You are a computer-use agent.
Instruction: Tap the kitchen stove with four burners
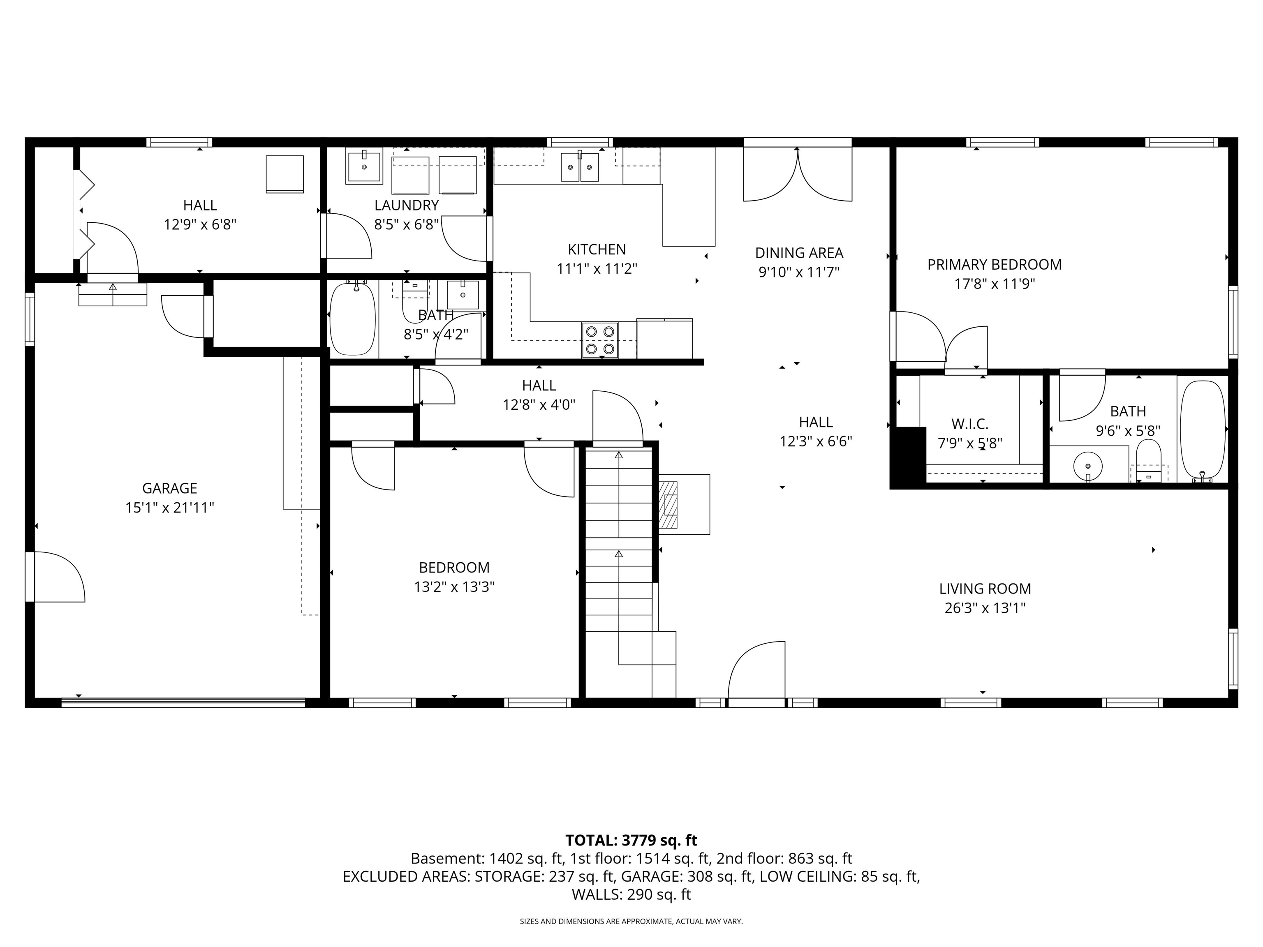point(599,340)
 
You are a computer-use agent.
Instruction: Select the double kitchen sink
point(580,167)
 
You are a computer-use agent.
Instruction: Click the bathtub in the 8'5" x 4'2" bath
point(353,319)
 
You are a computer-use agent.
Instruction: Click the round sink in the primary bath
point(1088,465)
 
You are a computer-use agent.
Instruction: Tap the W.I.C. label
point(969,424)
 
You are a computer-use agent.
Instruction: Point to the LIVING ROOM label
point(985,589)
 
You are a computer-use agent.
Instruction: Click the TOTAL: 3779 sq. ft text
point(631,840)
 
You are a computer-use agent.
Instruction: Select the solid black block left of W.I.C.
point(908,457)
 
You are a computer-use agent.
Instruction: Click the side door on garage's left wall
point(54,577)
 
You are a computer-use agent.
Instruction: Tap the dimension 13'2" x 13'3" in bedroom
point(454,587)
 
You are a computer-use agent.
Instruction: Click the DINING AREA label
point(799,253)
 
